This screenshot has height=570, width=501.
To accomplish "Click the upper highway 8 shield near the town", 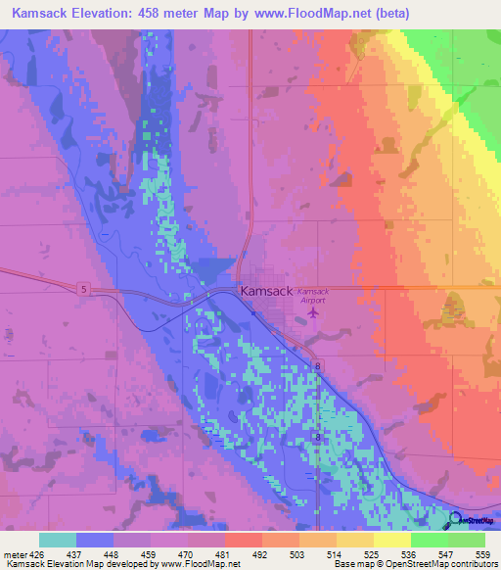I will [x=318, y=366].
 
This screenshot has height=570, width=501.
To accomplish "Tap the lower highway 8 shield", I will [x=316, y=435].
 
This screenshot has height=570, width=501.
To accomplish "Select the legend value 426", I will [x=36, y=554].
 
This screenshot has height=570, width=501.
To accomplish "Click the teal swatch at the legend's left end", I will [x=58, y=540].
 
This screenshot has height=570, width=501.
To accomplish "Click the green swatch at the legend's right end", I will [x=467, y=540].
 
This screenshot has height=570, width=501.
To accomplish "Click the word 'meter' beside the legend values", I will [x=15, y=554].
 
